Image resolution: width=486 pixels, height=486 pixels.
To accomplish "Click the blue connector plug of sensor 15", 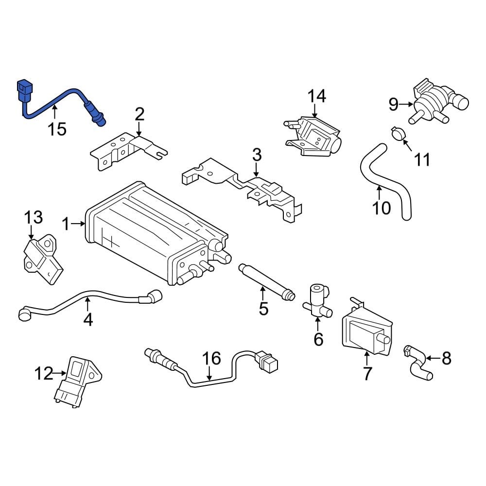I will tap(24, 91).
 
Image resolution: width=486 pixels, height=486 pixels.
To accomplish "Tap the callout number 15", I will tap(57, 129).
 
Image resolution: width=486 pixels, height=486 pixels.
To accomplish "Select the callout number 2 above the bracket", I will tap(139, 114).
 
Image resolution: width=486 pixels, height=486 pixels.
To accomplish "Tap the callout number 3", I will tap(257, 156).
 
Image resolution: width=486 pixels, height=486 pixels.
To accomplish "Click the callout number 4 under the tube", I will tap(88, 319).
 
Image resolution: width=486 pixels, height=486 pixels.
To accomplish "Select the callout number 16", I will tap(212, 359).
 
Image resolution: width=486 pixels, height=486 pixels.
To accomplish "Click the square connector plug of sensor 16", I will tap(267, 362).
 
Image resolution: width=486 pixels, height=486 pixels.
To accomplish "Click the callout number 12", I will tap(43, 373).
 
